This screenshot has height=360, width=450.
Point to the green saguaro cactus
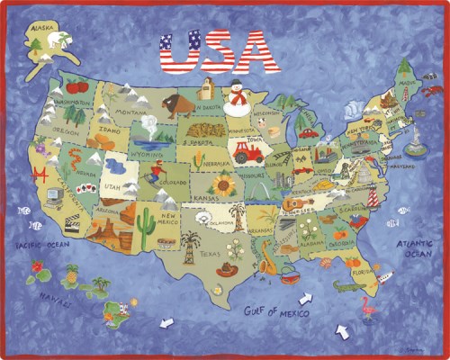(148, 229)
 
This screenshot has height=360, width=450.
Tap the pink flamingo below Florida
(368, 307)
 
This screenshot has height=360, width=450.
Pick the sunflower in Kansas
(223, 186)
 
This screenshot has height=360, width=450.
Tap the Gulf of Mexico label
(276, 312)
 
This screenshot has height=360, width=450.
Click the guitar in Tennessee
(293, 203)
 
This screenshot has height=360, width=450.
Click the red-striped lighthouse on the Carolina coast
(370, 195)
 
